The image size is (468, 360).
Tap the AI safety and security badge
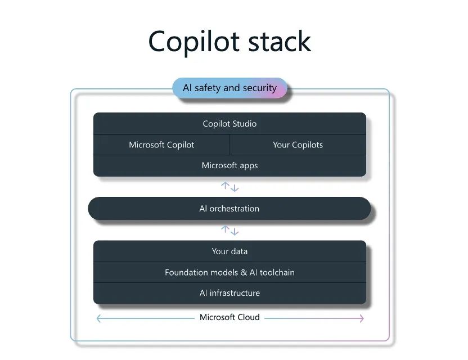229,88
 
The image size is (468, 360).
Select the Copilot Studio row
229,124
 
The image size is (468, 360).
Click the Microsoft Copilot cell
161,145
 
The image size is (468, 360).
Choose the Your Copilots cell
298,145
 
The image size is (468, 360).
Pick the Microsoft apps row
229,165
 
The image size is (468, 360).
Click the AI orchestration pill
229,209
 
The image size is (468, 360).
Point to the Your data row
229,251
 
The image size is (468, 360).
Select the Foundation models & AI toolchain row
229,272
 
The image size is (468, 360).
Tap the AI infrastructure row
229,293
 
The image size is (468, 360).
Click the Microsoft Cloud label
229,317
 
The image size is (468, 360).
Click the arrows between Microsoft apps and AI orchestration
229,187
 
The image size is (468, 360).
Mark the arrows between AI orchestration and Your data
229,230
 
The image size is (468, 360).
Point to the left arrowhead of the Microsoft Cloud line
98,318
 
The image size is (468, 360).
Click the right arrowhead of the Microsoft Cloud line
361,318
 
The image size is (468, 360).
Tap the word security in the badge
259,88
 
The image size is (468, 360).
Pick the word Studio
244,124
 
